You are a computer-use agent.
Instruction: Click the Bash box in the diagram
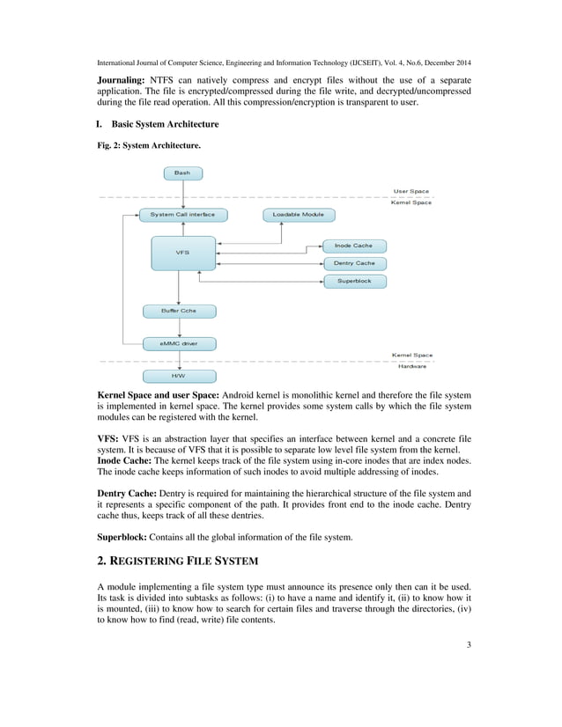coord(182,173)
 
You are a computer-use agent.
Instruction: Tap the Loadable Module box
coord(298,215)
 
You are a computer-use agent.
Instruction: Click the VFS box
coord(182,253)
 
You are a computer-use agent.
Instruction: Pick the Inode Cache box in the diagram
coord(354,246)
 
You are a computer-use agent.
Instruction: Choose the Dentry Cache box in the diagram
coord(354,263)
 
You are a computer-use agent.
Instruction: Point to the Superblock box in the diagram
coord(354,281)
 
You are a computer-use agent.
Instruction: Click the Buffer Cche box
coord(179,311)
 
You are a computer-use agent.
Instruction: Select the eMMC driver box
coord(179,343)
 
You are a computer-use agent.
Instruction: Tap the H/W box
coord(179,376)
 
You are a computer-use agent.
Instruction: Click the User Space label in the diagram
coord(411,191)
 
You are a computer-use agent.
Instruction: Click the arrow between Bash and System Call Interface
coord(182,195)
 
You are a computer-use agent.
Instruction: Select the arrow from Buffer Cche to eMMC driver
coord(180,327)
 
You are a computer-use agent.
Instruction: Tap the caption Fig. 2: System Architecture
coord(148,145)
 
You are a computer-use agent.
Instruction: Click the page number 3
coord(469,646)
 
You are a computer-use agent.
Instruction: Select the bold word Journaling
coord(120,81)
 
